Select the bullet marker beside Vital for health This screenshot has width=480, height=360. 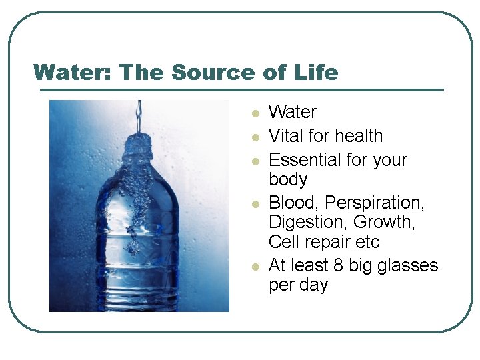254,138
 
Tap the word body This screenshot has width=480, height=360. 287,179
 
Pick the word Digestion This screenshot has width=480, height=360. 305,222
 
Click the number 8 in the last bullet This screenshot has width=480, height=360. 339,265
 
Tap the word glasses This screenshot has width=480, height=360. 407,265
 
